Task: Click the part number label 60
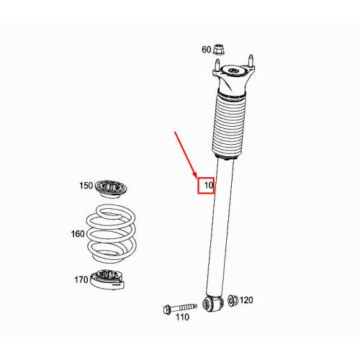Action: [x=206, y=50]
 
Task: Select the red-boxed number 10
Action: [x=207, y=186]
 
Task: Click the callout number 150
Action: [x=86, y=186]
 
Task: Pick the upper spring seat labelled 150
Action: [x=109, y=192]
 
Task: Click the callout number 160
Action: [x=78, y=233]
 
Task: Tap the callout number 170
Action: [x=81, y=280]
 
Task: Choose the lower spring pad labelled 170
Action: [x=109, y=279]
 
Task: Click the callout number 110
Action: [x=183, y=317]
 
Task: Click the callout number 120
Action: [x=246, y=300]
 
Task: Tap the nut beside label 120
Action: [x=231, y=300]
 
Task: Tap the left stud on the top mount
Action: [x=217, y=66]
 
